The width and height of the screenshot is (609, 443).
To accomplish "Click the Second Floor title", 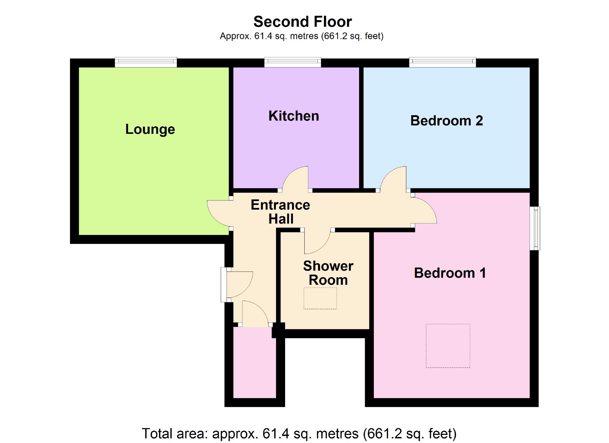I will coord(303,22).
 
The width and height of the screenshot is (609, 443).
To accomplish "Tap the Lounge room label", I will coord(150,129).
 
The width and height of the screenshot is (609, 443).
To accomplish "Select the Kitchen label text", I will coord(294,116).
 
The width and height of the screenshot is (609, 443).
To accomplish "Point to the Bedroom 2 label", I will coord(446,121).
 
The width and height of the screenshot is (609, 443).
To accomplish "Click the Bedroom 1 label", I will coord(450,273).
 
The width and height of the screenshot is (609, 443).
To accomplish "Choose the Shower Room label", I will coord(328,273).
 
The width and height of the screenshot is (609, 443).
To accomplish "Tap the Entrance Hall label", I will coord(280,212).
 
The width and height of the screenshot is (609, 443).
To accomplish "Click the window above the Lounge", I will coord(146,62).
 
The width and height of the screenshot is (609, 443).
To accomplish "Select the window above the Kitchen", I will coord(292,62).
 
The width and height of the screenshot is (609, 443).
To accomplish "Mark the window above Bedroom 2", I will coord(442,62).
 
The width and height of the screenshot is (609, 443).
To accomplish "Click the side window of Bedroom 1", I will coord(535,228).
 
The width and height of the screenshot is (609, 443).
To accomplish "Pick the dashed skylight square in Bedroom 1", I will coord(448,346).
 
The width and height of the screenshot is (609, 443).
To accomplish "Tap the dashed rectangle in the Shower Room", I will coord(320,298).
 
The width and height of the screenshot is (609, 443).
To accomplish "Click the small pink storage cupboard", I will coord(254,362).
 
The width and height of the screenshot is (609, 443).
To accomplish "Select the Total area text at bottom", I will coord(299,433).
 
